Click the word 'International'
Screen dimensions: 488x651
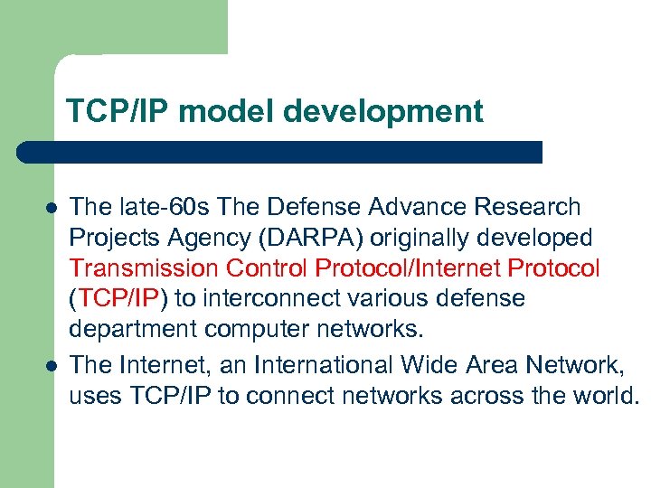point(322,365)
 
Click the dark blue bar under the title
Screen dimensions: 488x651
point(280,152)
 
